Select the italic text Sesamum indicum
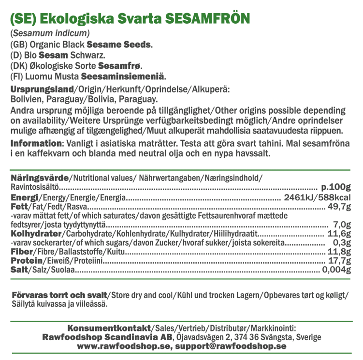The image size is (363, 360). tap(50, 34)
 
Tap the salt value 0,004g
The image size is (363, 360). tap(334, 270)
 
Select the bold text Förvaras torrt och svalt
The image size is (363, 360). tap(59, 295)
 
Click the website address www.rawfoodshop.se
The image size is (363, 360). tap(124, 346)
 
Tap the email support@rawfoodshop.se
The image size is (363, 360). tap(231, 346)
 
